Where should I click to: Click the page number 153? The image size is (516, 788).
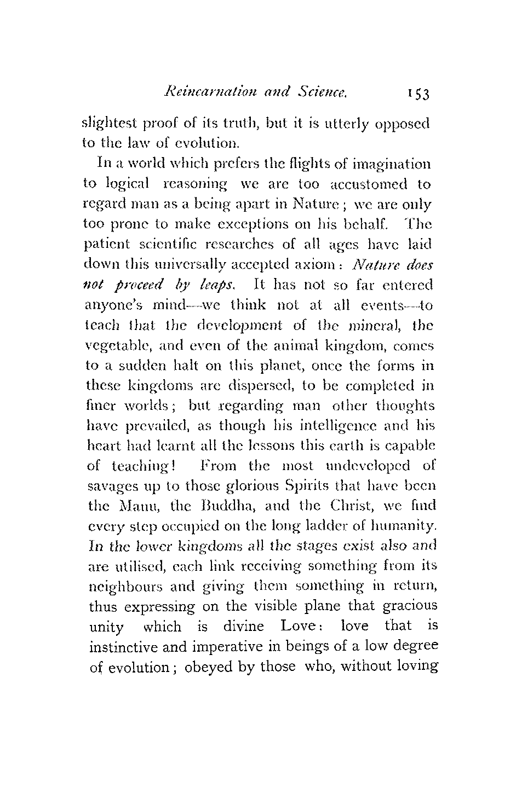pos(418,94)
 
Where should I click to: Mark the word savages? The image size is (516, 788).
pos(110,486)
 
